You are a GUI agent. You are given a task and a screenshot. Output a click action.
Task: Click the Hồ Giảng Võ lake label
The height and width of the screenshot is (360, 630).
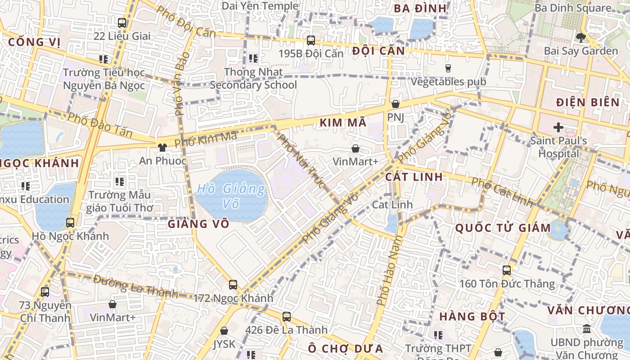[232, 196]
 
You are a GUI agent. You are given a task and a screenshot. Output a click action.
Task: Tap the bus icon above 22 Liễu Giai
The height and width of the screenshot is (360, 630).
[121, 22]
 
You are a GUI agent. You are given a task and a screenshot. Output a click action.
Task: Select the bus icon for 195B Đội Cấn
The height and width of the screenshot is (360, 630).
[310, 40]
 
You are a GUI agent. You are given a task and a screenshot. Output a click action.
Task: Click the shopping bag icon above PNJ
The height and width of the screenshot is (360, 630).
[395, 104]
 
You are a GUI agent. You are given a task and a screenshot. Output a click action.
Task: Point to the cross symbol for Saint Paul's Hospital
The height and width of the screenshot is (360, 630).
[558, 127]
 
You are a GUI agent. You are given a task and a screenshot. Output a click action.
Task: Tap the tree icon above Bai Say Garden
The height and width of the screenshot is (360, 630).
[581, 37]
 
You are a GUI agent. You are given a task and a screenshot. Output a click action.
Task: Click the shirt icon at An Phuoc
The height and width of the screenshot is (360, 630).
[162, 147]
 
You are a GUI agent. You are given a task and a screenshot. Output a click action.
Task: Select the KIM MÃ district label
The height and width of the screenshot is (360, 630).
[343, 122]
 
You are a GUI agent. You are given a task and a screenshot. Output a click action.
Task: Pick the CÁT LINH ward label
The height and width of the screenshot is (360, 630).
[414, 176]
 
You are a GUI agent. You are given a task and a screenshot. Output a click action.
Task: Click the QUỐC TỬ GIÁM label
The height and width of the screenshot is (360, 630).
[503, 228]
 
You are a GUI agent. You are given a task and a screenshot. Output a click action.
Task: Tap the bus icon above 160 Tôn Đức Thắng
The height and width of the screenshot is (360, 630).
[507, 270]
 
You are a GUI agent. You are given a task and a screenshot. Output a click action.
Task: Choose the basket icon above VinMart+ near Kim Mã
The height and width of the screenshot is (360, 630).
[355, 148]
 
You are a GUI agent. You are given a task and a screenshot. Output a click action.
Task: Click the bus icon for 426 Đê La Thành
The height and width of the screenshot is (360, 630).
[287, 316]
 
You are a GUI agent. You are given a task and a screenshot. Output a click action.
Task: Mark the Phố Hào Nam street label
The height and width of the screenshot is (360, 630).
[388, 276]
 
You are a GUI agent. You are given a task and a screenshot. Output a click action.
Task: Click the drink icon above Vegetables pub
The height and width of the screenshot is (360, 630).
[448, 68]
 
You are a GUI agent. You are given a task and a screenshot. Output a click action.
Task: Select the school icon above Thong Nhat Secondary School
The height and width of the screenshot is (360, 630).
[253, 58]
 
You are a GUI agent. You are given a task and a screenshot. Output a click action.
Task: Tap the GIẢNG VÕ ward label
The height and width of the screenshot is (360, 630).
[198, 224]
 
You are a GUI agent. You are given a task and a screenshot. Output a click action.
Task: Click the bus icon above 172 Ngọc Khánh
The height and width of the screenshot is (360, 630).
[233, 284]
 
